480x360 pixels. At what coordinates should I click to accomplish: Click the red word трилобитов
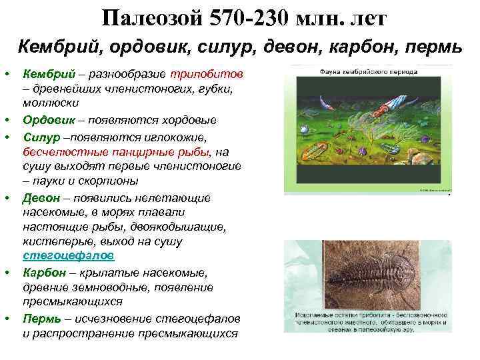[x=213, y=73]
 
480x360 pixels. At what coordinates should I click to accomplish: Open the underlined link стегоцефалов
[x=68, y=256]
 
